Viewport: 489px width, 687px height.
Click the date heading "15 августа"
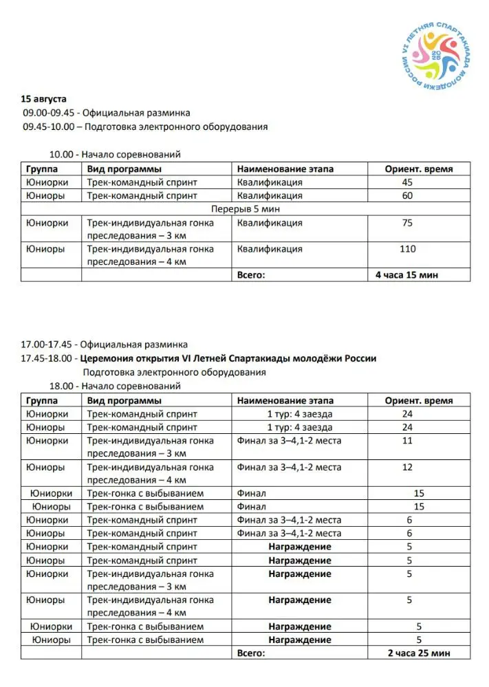click(44, 99)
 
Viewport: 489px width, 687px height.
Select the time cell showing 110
click(407, 249)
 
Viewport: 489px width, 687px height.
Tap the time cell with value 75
click(407, 223)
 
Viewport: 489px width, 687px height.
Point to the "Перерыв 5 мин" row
click(246, 209)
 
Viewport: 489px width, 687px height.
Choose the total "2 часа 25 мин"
click(418, 653)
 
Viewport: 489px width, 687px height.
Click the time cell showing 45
click(407, 183)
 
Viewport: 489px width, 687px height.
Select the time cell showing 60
click(407, 196)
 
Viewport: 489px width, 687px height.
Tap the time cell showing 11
click(407, 441)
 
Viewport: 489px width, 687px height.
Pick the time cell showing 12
click(407, 468)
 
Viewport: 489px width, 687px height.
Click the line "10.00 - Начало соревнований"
click(116, 155)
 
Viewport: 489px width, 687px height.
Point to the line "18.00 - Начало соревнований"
click(116, 386)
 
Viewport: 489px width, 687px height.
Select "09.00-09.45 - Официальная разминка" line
click(106, 113)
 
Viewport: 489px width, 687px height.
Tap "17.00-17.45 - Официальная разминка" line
click(104, 345)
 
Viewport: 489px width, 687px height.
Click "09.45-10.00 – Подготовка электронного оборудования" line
click(144, 127)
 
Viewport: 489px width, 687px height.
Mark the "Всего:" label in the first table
click(251, 275)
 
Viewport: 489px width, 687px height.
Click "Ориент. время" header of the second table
click(418, 400)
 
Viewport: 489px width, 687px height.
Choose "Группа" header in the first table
click(42, 169)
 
